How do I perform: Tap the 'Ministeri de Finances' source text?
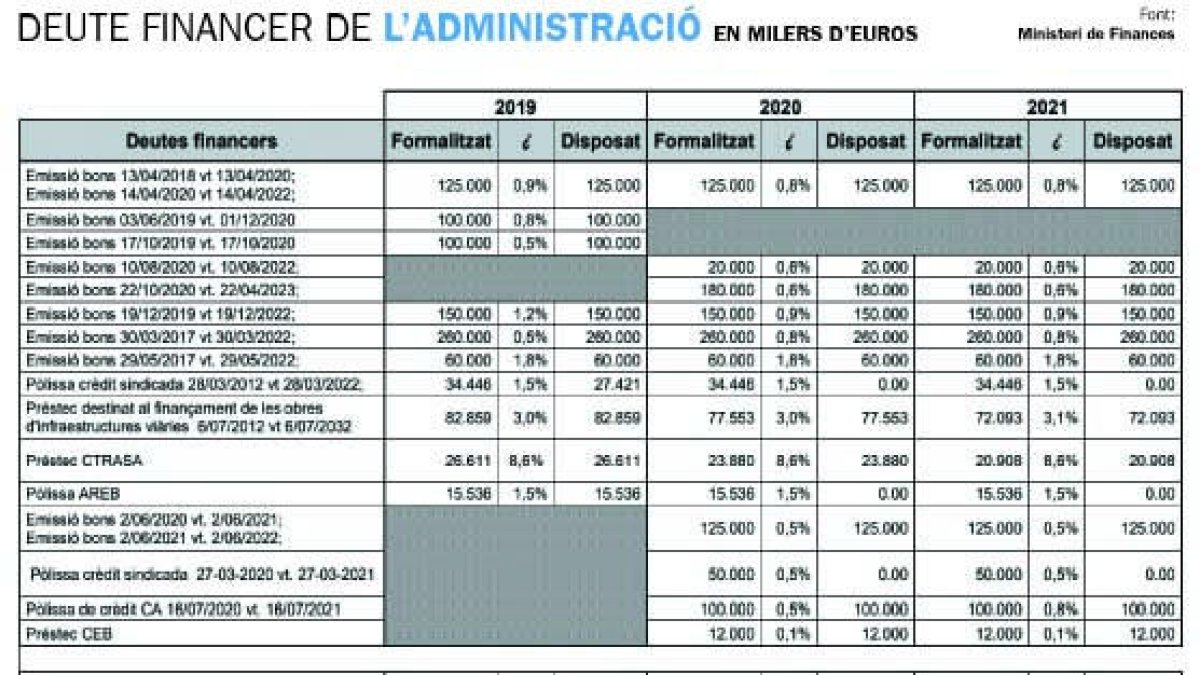(1096, 33)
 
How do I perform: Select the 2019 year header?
(515, 107)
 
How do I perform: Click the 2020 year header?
(780, 107)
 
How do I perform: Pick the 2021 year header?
(1047, 107)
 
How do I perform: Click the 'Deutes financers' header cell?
(202, 141)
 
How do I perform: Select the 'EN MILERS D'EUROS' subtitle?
(815, 34)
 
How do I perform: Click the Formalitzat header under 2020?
(704, 142)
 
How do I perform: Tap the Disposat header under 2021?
(1132, 142)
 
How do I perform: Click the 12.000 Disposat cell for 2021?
(1153, 633)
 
